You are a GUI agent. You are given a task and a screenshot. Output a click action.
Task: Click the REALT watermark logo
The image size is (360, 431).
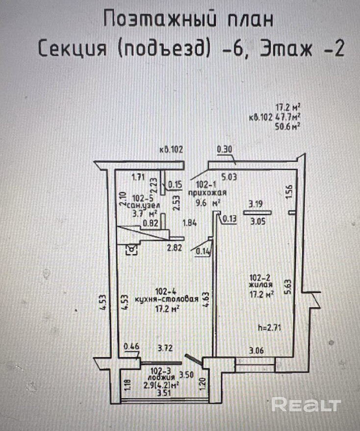click(x=306, y=405)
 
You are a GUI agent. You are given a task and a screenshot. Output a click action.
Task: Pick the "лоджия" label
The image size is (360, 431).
click(x=163, y=378)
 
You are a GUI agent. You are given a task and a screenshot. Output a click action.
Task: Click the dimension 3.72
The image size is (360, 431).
click(x=166, y=349)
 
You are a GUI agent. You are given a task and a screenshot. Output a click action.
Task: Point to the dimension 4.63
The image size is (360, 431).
click(x=208, y=300)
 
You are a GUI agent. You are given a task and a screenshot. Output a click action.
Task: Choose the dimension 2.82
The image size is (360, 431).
click(x=175, y=248)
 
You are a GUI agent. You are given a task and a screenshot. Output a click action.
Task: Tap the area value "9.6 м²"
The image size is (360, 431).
click(x=208, y=202)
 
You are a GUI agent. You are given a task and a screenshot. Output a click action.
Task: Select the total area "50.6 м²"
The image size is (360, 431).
click(x=288, y=126)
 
